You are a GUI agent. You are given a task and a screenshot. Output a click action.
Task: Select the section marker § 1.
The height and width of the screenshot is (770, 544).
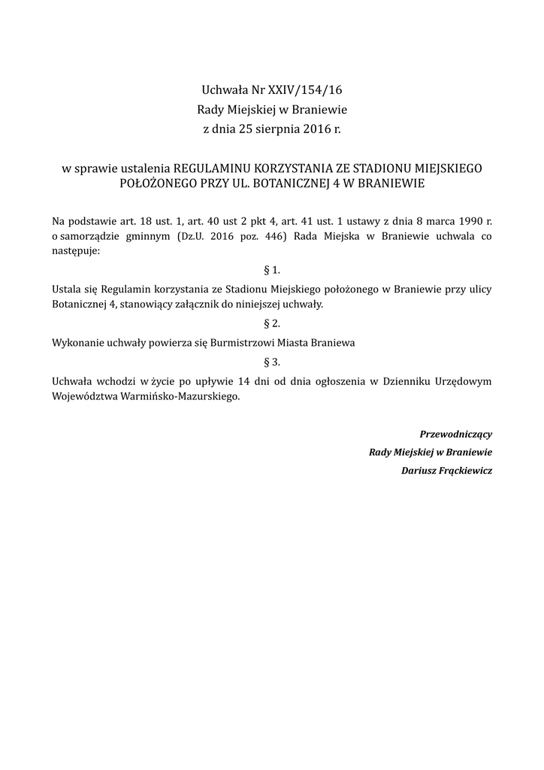[x=272, y=270]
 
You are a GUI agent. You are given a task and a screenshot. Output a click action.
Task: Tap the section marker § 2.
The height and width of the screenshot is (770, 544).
[x=272, y=323]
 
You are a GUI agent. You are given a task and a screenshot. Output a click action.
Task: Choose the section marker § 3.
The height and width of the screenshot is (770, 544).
[x=272, y=362]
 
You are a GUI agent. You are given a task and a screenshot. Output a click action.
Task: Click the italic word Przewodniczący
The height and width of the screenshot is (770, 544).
[x=455, y=434]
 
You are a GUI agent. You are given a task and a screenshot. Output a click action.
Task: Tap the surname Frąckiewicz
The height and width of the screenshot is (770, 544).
[x=467, y=471]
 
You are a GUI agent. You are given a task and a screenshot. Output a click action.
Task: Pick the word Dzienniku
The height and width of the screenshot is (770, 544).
[x=406, y=381]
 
